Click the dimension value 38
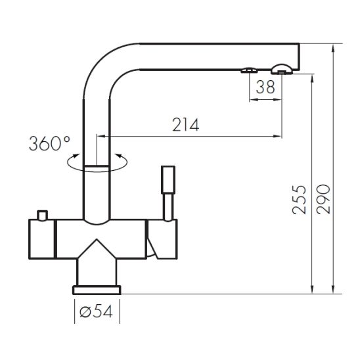pyautogui.click(x=265, y=87)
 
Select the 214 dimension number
pyautogui.click(x=185, y=125)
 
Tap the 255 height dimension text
pyautogui.click(x=299, y=200)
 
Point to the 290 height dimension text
pyautogui.click(x=323, y=199)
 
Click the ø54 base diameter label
pyautogui.click(x=96, y=311)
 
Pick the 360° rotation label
pyautogui.click(x=49, y=143)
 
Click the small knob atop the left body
pyautogui.click(x=43, y=215)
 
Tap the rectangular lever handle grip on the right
pyautogui.click(x=168, y=180)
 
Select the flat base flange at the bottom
pyautogui.click(x=97, y=290)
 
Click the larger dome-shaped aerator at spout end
pyautogui.click(x=282, y=69)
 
